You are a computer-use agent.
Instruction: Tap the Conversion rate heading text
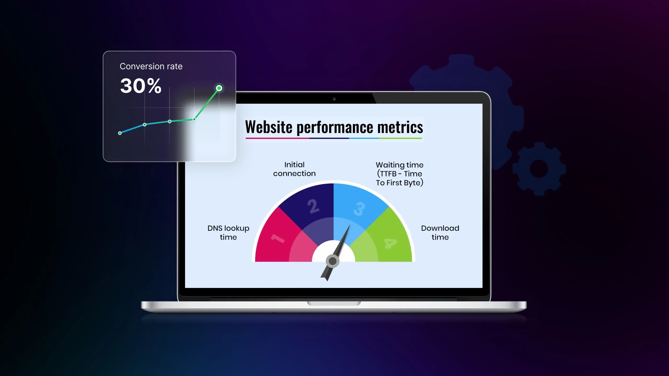[151, 66]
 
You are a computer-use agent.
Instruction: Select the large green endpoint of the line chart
[219, 88]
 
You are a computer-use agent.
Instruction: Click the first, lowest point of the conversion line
[120, 133]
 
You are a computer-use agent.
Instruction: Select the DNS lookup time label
[228, 233]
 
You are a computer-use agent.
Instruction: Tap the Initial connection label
[295, 169]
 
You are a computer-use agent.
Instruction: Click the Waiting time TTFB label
[400, 174]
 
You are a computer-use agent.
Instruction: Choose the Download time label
[440, 233]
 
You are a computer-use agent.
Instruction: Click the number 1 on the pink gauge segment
[278, 238]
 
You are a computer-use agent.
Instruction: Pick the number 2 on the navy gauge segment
[313, 206]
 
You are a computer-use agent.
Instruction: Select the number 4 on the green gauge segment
[391, 244]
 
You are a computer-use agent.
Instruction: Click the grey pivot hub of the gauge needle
[332, 261]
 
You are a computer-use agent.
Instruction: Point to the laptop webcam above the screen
[334, 99]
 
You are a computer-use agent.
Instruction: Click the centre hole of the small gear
[539, 169]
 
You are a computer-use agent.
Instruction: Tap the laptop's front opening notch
[334, 303]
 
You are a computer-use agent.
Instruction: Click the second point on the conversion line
[145, 125]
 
